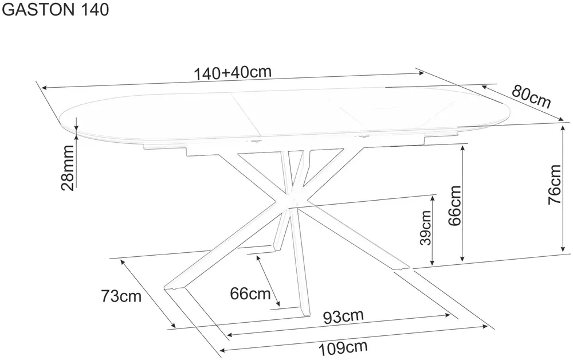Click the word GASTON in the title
pos(38,10)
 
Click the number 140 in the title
pos(93,10)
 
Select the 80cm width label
pos(531,96)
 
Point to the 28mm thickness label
pos(68,168)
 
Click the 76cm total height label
pos(554,185)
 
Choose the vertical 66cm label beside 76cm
pos(454,206)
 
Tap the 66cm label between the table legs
pos(250,293)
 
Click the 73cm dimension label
pos(121,296)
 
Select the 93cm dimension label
pos(343,316)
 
